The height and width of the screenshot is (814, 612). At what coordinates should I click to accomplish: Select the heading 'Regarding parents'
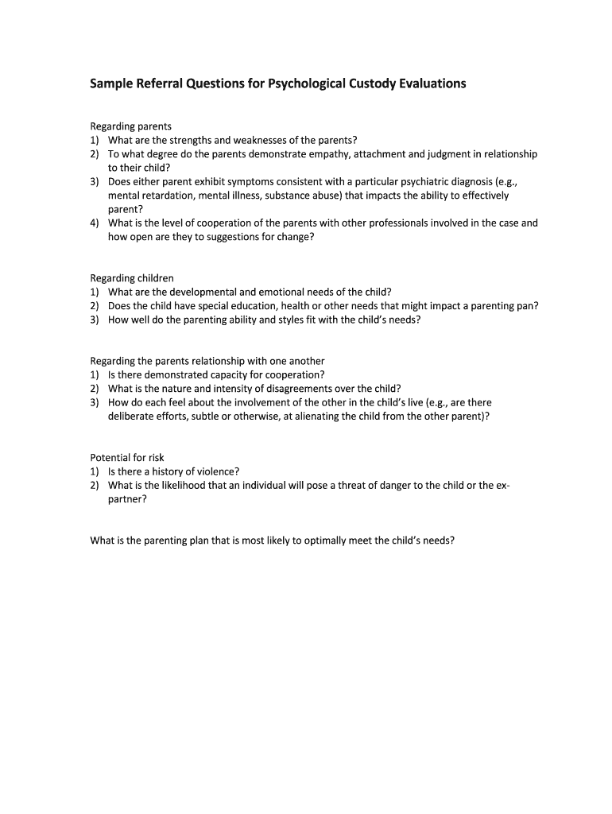[131, 126]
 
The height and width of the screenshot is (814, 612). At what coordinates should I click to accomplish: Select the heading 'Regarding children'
[132, 278]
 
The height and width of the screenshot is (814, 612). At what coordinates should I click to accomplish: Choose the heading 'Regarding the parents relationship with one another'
[207, 361]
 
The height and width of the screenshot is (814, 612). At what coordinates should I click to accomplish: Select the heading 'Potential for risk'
[127, 458]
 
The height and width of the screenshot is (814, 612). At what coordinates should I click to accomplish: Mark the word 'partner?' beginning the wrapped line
[128, 499]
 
